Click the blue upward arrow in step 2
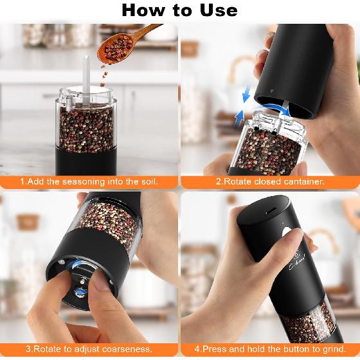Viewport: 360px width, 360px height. coord(239,116)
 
